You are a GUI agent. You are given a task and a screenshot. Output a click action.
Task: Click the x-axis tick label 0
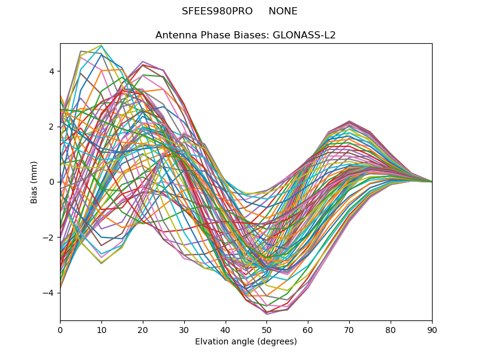coord(60,329)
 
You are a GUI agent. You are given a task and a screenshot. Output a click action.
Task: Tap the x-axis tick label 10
coord(101,329)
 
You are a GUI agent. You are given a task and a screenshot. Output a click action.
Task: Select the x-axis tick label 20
coord(143,329)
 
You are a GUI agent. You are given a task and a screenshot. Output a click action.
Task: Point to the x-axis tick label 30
coord(184,329)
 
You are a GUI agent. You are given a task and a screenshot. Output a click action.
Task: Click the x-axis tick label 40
coord(226,329)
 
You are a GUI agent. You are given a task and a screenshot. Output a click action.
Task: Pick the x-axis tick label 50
coord(266,329)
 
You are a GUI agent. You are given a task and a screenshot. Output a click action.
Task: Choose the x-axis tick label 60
coord(308,329)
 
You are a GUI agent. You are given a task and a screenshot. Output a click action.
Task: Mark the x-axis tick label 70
coord(349,329)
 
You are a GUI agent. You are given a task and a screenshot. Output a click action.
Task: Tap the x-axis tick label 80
coord(391,329)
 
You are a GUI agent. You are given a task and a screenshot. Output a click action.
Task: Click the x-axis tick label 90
coord(432,329)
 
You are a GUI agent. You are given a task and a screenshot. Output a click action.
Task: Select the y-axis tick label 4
coord(52,71)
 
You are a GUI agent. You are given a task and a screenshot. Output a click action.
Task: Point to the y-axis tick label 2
coord(52,127)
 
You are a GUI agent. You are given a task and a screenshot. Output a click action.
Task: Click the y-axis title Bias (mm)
coord(35,182)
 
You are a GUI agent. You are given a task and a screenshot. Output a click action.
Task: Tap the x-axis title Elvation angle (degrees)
coord(246,342)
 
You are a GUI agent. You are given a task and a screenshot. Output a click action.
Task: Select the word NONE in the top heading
coord(283,11)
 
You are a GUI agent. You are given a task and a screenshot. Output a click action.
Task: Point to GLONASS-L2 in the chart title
coord(304,35)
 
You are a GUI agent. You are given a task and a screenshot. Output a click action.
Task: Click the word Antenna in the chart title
coord(175,35)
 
